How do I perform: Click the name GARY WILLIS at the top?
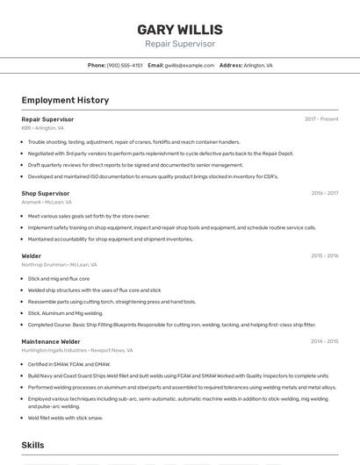pos(180,30)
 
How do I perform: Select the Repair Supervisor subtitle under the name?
pos(180,44)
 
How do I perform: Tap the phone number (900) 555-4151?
pos(125,65)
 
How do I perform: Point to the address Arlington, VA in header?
pos(258,65)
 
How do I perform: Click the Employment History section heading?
pos(65,100)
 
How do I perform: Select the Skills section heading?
pos(33,446)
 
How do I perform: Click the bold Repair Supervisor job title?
pos(47,119)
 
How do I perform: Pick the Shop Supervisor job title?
pos(45,193)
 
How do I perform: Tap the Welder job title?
pos(32,256)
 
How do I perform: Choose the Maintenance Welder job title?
pos(51,341)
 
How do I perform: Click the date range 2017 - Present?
pos(321,119)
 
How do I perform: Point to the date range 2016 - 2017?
pos(324,193)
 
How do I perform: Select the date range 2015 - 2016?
pos(324,256)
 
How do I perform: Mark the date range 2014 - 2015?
pos(324,341)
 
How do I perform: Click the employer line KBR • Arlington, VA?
pos(42,128)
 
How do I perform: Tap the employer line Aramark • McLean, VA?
pos(47,202)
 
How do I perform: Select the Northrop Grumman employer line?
pos(59,264)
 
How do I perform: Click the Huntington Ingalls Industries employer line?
pos(77,350)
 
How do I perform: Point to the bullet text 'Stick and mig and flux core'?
pos(59,279)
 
